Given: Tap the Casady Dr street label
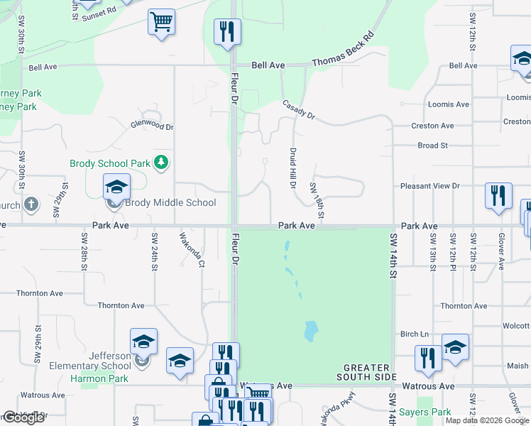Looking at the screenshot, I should [298, 110].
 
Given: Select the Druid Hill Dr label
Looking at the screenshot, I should [292, 167].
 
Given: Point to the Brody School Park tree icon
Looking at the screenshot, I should [162, 163].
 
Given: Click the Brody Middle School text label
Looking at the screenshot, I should [170, 202].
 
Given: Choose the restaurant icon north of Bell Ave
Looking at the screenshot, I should [227, 31].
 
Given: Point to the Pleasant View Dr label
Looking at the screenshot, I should [430, 186].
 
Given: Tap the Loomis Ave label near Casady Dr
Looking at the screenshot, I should [448, 104].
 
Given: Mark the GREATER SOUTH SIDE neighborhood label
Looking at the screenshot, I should [366, 373].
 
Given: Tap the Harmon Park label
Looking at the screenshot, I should [99, 378].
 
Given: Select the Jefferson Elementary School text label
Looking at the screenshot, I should [90, 361].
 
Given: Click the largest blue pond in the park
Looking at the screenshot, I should [310, 330].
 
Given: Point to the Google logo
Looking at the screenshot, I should [23, 417].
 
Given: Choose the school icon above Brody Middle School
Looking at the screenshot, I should [116, 187].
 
